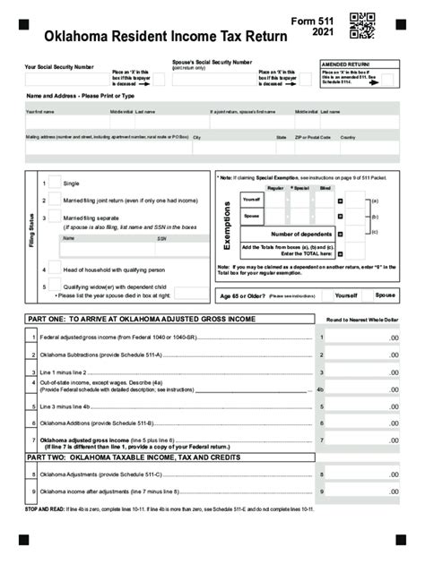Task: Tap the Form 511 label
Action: (309, 20)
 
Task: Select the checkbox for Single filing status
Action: (54, 182)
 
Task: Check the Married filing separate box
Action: (54, 218)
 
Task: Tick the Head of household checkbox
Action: (54, 268)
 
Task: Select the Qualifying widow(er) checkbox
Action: (54, 286)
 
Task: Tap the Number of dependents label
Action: (289, 234)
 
